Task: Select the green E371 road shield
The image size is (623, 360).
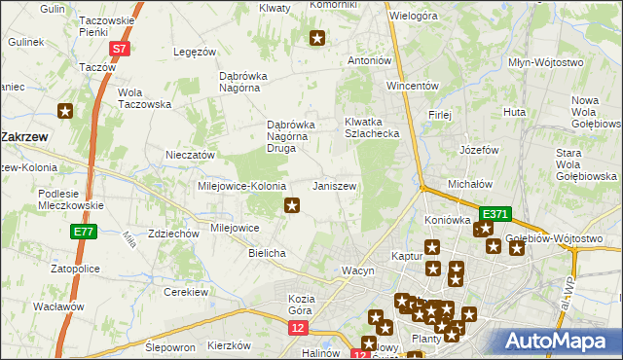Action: coord(495,213)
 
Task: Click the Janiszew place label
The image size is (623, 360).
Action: coord(333,186)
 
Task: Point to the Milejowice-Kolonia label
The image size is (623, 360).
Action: coord(241,186)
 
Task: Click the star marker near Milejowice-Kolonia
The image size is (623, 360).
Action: coord(291,205)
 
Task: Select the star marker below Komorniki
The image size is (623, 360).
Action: coord(317,39)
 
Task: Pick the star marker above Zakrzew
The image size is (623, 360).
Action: coord(65,111)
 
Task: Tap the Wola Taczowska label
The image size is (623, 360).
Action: coord(144,98)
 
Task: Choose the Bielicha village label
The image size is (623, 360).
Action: coord(267,253)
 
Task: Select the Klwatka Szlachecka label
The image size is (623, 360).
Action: coord(372,127)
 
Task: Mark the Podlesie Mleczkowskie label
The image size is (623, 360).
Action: coord(71,199)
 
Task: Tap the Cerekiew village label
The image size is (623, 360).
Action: coord(188,292)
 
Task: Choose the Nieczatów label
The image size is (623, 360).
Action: coord(190,155)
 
